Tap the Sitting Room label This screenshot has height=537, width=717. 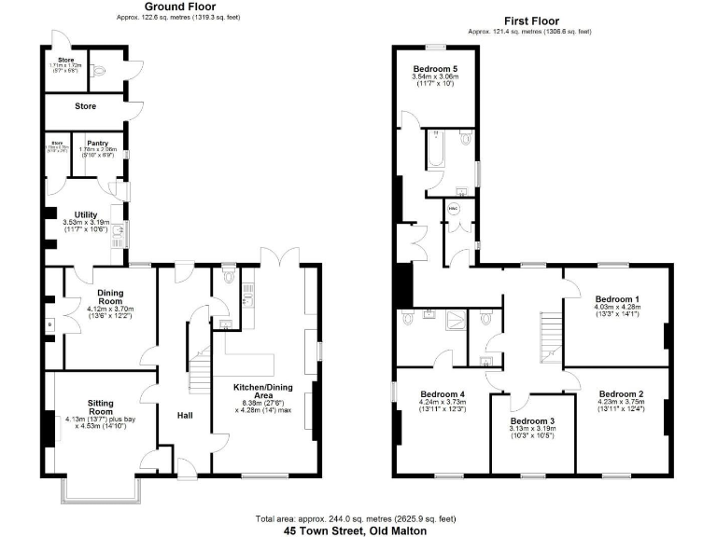(100, 406)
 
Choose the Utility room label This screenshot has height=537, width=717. (86, 215)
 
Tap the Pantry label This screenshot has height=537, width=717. (97, 144)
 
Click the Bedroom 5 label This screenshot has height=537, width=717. (435, 70)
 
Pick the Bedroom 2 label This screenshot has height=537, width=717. (622, 392)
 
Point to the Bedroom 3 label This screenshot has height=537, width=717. (532, 421)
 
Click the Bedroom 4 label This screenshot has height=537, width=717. (443, 392)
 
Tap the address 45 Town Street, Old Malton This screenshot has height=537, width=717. (358, 530)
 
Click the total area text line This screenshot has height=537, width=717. (358, 517)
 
